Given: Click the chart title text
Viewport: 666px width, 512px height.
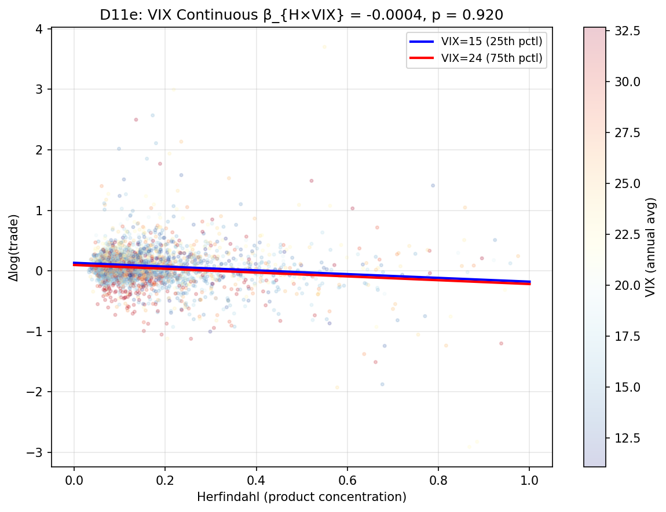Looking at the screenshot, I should coord(301,16).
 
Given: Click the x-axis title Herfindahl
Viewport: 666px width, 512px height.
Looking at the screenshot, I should coord(301,497).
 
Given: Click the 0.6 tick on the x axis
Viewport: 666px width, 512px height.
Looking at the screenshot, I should coord(347,480).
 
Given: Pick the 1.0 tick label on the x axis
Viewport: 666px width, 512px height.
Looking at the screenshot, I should coord(529,480).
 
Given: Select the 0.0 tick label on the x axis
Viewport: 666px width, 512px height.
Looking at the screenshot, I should coord(74,480).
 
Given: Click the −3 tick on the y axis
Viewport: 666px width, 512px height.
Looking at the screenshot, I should coord(38,452).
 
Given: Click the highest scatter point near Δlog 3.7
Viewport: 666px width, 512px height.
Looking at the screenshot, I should coord(324,47).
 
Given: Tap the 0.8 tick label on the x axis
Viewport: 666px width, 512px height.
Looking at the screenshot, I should coord(438,480).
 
